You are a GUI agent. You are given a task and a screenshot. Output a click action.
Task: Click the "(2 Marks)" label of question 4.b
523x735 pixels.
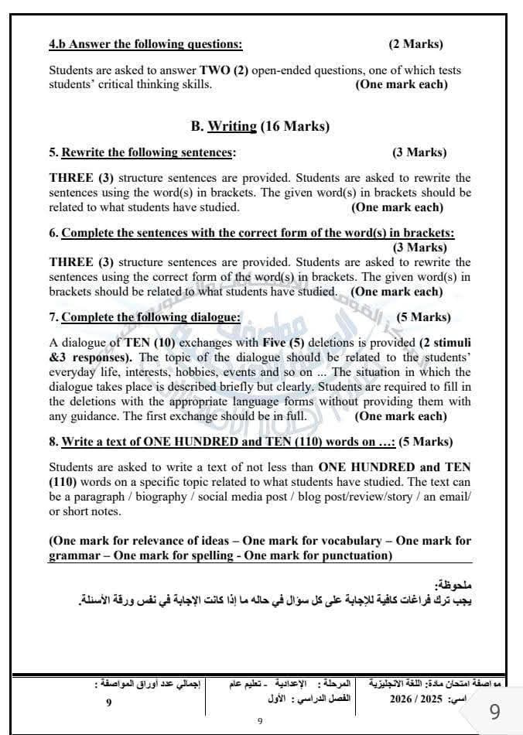click(415, 44)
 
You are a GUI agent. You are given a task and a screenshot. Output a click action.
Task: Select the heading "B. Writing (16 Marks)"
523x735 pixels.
click(260, 126)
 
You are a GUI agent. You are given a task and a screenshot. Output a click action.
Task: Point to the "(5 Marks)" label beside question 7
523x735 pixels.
click(422, 316)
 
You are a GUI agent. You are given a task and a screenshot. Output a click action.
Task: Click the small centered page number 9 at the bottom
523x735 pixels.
click(260, 721)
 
